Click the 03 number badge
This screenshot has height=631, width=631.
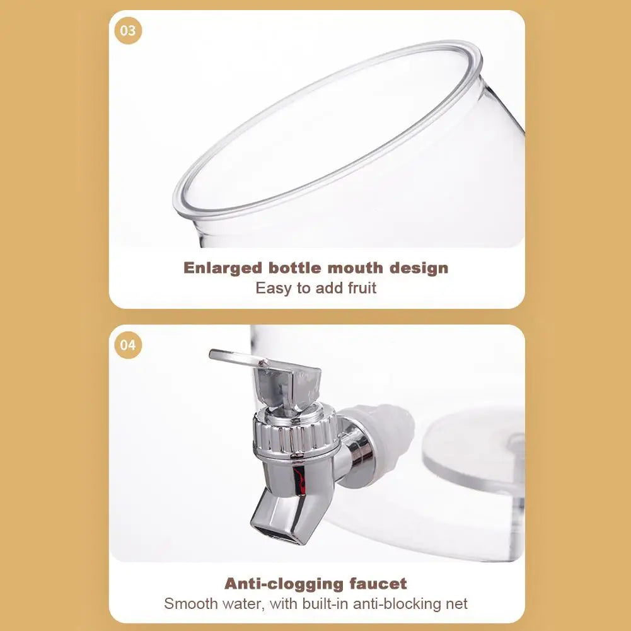[x=128, y=30]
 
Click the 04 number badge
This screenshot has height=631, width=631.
[x=128, y=345]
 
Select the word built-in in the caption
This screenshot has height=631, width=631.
[x=322, y=604]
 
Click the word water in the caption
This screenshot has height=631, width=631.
[x=246, y=604]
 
